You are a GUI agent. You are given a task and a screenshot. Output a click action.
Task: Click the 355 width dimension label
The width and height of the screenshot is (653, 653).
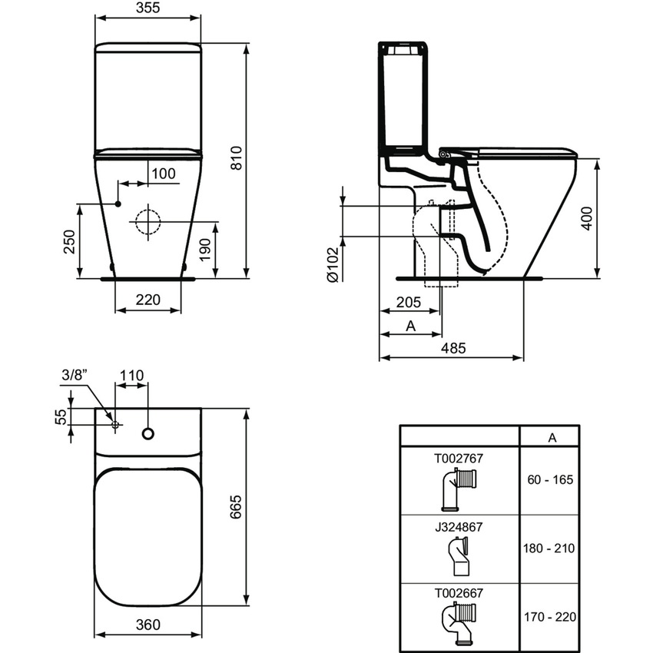[x=148, y=8]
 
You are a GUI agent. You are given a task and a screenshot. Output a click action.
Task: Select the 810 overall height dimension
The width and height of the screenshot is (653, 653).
[x=236, y=158]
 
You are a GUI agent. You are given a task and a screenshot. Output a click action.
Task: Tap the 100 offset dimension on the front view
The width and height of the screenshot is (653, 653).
[x=163, y=174]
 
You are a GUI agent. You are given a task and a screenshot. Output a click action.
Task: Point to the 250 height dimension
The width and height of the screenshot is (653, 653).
[x=69, y=241]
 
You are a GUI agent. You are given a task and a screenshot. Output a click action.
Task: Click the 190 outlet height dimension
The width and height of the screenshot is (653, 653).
[x=205, y=250]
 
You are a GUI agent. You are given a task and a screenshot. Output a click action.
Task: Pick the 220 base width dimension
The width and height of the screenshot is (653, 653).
[x=148, y=300]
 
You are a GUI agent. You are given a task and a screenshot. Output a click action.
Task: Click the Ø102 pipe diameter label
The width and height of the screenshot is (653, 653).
[x=333, y=264]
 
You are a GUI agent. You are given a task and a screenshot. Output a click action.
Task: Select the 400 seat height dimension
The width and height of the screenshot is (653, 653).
[x=586, y=218]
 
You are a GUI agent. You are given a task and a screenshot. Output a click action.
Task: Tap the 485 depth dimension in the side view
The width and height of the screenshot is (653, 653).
[x=453, y=348]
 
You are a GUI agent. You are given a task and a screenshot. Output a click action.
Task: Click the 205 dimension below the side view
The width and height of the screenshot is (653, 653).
[x=409, y=302]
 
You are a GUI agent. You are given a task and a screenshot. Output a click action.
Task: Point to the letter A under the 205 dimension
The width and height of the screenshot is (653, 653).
[x=411, y=326]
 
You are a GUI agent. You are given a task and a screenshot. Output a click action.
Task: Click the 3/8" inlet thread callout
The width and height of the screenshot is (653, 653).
[x=75, y=375]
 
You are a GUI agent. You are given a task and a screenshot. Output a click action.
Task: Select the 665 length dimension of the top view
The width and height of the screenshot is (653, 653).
[x=236, y=506]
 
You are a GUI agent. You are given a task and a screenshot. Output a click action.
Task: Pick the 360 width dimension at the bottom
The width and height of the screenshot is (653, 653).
[x=148, y=625]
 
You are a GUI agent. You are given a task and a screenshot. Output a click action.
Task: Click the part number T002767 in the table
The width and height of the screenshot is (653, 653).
[x=459, y=458]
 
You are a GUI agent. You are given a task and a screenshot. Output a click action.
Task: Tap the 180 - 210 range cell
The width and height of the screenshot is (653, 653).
[x=549, y=548]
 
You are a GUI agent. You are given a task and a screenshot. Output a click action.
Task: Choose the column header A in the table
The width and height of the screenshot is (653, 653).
[x=552, y=438]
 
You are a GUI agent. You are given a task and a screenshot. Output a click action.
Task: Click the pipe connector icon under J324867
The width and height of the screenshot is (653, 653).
[x=459, y=556]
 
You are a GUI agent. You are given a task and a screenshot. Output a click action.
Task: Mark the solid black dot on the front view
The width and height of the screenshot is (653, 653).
[x=118, y=204]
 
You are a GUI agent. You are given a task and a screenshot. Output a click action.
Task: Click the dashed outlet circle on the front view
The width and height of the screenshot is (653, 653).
[x=148, y=221]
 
